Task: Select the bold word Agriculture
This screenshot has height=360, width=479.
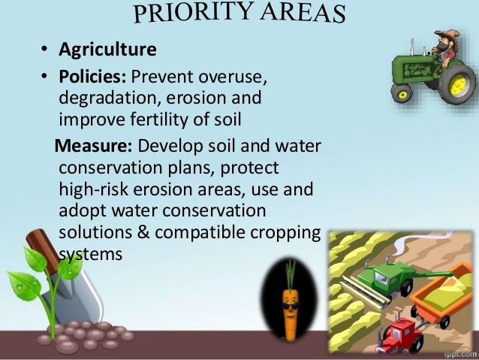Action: point(108,50)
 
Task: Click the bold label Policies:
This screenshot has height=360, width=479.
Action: point(88,79)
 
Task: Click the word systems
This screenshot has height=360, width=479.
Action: point(89,253)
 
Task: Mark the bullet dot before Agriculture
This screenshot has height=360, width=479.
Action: point(44,52)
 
